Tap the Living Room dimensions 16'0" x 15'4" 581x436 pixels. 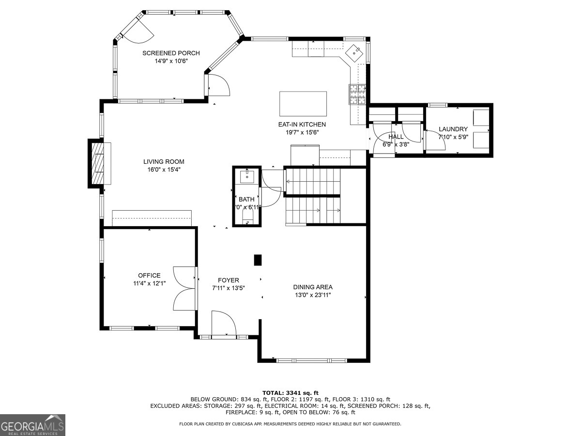(164, 170)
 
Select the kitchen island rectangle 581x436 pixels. (303, 104)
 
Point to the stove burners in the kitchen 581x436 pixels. (358, 94)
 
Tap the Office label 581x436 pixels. (149, 276)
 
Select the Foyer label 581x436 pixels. (229, 280)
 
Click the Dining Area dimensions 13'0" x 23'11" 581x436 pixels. (313, 295)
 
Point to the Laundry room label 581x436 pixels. (453, 129)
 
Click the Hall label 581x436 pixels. (396, 137)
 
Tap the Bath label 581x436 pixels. (246, 199)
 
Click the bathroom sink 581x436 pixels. (247, 175)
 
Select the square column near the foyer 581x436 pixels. (258, 260)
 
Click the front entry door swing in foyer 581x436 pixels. (224, 324)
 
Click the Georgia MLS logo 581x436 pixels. (32, 425)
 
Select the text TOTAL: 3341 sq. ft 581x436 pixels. (290, 393)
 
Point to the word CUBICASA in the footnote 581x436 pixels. (242, 424)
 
